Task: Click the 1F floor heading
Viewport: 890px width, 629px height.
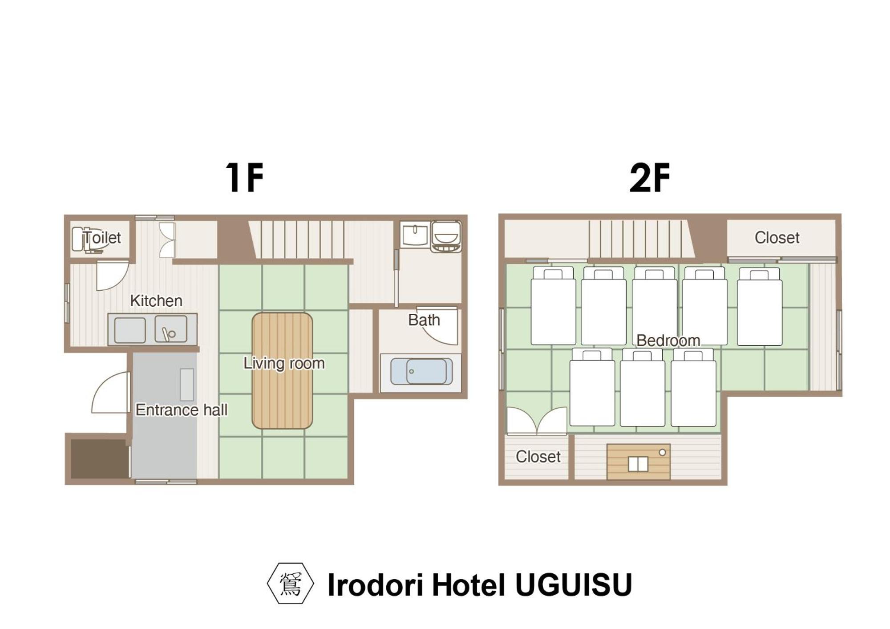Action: point(244,177)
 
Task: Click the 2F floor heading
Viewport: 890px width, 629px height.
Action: point(650,177)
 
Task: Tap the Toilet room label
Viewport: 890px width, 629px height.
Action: point(102,237)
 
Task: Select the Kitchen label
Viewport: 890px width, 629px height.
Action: point(156,301)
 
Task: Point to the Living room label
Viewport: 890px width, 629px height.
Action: point(284,363)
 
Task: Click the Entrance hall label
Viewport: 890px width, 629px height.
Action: point(182,410)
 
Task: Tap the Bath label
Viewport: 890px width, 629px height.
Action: point(424,320)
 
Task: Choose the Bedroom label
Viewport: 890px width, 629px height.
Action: point(668,341)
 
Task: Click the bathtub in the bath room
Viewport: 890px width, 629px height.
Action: point(421,372)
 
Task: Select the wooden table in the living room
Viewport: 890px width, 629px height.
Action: point(283,371)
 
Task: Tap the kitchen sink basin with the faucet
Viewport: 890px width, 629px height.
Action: point(171,329)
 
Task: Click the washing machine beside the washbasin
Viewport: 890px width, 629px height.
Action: point(446,236)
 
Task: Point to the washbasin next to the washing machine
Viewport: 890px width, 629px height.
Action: point(414,235)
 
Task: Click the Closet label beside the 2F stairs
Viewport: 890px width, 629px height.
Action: point(777,238)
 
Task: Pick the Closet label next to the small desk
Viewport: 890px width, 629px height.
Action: point(538,457)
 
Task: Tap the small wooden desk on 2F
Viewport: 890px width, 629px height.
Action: point(639,462)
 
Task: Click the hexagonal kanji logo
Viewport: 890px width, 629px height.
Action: point(291,584)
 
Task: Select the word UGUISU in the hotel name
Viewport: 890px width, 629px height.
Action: point(574,584)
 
